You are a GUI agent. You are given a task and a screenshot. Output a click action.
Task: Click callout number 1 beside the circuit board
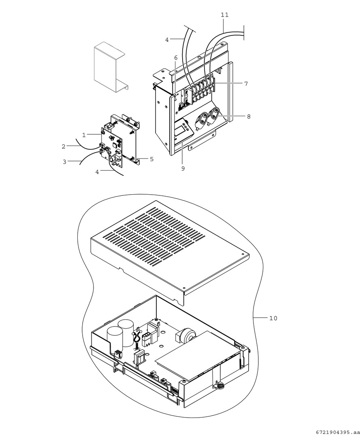coord(84,134)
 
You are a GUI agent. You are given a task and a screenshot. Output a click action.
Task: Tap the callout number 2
coord(64,146)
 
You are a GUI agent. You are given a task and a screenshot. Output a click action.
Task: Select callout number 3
coord(64,162)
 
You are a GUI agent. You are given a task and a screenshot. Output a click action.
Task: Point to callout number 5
coord(151,159)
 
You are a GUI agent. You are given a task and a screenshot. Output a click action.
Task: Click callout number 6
coord(176,58)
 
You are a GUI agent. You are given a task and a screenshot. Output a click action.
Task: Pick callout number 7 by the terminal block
coord(246,83)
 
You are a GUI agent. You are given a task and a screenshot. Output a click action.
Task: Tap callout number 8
coord(248,117)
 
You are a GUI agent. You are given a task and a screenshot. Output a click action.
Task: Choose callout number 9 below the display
coord(183,168)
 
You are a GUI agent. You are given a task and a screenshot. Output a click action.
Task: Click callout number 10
coord(273,318)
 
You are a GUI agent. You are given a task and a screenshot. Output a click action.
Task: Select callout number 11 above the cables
coord(224,15)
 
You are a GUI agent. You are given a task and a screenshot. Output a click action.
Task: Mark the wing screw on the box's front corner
coord(220,385)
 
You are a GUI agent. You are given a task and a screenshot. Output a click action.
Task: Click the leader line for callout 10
coord(260,318)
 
